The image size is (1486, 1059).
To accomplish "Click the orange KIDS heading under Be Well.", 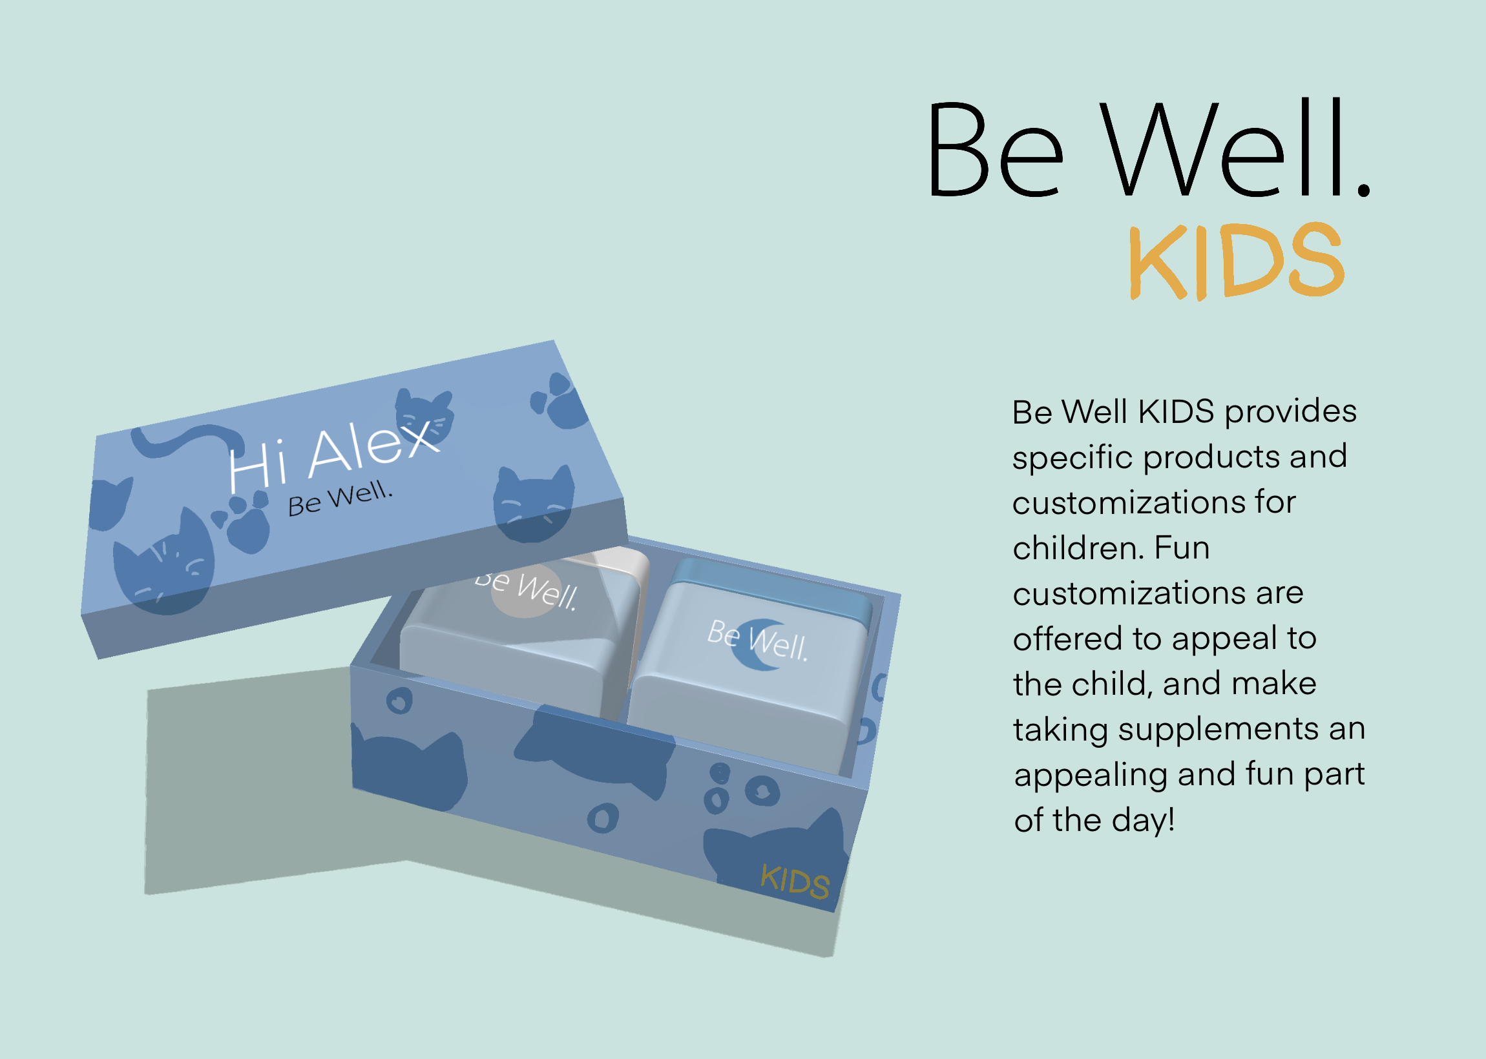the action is point(1237,261).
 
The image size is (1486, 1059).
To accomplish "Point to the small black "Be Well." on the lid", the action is point(340,499).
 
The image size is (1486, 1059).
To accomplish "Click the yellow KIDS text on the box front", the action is point(795,881).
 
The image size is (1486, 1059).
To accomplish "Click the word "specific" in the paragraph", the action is point(1073,457).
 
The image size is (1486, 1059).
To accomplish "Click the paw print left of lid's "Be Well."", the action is point(242,521).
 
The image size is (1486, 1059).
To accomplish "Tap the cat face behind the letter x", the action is point(424,417).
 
